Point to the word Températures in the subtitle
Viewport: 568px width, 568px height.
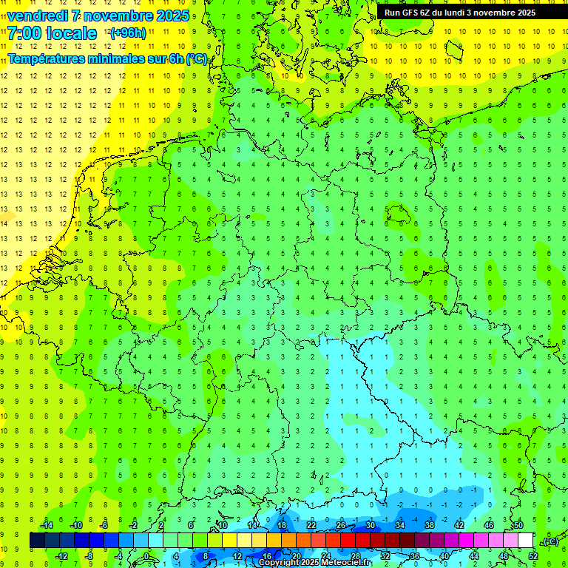click(50, 58)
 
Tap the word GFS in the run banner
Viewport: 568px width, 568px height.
click(410, 13)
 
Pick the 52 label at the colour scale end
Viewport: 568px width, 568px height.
click(532, 556)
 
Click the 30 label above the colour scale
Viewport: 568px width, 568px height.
click(371, 524)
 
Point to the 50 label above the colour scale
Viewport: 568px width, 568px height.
click(518, 524)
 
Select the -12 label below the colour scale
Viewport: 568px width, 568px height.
click(61, 556)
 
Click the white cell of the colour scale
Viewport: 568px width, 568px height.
click(525, 541)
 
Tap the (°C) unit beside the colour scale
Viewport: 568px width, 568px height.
click(550, 541)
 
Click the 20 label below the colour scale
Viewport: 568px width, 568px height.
click(296, 556)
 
